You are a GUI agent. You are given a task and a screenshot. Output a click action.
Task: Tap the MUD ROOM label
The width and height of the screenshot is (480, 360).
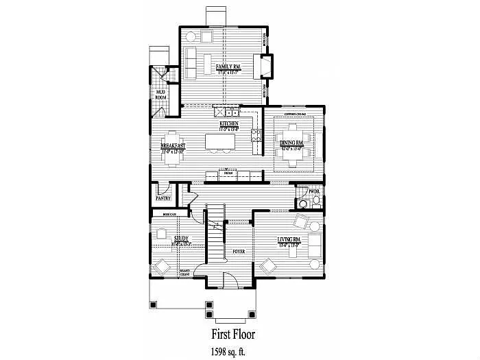pyautogui.click(x=161, y=95)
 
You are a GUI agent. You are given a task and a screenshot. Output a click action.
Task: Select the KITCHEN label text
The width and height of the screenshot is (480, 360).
pyautogui.click(x=228, y=123)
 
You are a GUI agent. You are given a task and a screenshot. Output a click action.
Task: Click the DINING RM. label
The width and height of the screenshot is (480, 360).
pyautogui.click(x=296, y=142)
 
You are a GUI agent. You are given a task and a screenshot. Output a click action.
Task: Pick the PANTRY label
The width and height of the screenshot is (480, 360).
pyautogui.click(x=163, y=198)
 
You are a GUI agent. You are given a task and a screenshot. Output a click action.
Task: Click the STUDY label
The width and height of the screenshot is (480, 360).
pyautogui.click(x=180, y=239)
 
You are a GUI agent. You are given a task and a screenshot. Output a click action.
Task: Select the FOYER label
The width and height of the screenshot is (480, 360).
pyautogui.click(x=238, y=251)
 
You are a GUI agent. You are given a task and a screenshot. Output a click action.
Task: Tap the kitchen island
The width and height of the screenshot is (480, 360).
pyautogui.click(x=219, y=142)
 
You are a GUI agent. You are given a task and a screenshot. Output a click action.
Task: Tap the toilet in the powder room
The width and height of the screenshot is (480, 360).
pyautogui.click(x=302, y=202)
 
